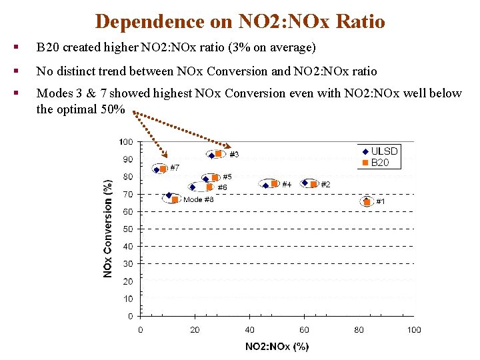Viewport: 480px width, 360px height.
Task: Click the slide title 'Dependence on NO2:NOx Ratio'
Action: (x=240, y=21)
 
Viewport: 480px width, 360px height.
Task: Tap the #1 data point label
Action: (x=381, y=201)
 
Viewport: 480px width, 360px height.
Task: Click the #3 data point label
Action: (x=234, y=155)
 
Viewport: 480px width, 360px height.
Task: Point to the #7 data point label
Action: (x=175, y=167)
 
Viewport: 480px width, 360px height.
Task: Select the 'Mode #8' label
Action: (x=198, y=199)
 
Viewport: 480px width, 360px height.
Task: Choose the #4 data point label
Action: (x=287, y=184)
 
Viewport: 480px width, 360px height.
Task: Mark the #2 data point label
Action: (x=326, y=184)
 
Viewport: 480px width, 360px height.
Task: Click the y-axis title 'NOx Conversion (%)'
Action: (x=107, y=229)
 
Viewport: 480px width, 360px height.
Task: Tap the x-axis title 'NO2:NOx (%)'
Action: (x=277, y=346)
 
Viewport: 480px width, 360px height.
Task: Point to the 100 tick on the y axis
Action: (x=125, y=142)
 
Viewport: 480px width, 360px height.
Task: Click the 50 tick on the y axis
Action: (x=127, y=229)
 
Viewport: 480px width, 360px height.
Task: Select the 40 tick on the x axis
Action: (x=249, y=330)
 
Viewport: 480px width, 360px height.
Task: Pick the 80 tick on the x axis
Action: (x=359, y=330)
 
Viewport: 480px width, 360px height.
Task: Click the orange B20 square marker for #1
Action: (x=367, y=201)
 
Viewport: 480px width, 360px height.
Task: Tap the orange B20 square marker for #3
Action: (x=219, y=154)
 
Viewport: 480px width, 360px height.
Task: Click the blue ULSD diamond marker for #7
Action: (x=157, y=170)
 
